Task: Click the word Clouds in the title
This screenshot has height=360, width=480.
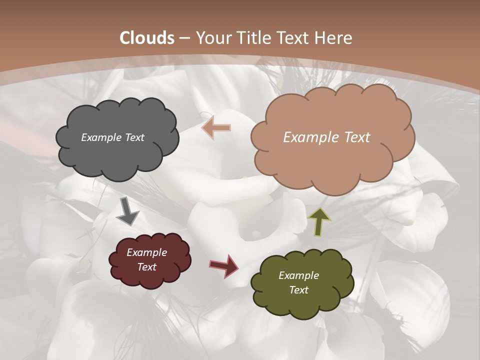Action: (x=147, y=38)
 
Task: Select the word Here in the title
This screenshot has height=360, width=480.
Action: (x=335, y=38)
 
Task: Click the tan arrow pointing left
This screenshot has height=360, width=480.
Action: (x=216, y=128)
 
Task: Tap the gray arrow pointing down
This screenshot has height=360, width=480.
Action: (x=128, y=211)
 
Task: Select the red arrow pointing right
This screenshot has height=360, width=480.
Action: (x=223, y=265)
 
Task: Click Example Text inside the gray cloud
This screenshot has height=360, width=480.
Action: (x=112, y=137)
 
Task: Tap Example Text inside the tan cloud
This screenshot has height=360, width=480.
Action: (x=326, y=137)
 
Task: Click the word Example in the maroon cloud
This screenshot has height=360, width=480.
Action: (x=146, y=252)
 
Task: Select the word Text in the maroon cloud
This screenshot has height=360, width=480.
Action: (x=146, y=267)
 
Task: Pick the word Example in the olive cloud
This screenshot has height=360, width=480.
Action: (x=298, y=275)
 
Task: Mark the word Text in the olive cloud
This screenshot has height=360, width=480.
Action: (x=298, y=290)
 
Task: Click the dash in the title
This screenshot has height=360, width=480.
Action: (x=184, y=38)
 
